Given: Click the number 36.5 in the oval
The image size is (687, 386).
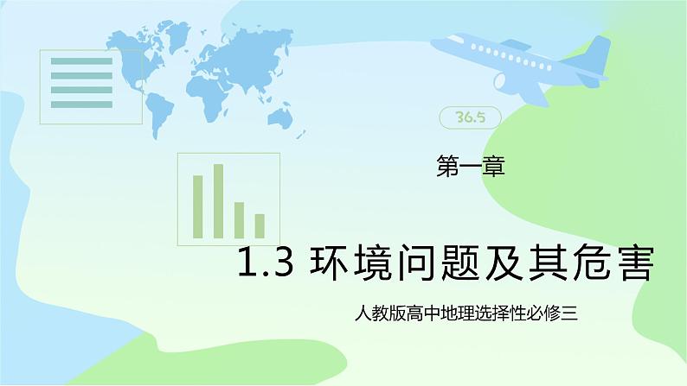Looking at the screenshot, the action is coord(470,117).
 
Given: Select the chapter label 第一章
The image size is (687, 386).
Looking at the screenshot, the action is coord(471,167).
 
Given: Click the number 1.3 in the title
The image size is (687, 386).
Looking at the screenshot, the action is coord(265,263).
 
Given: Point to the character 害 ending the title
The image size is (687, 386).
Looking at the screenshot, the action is coord(635,263).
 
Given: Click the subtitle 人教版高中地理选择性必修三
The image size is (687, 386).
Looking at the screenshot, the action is coord(465,313).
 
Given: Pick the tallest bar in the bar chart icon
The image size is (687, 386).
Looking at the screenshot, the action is coord(218,201).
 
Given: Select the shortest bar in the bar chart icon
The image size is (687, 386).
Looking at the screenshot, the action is coord(260,226).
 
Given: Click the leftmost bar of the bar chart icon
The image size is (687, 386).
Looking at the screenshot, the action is coord(197,206).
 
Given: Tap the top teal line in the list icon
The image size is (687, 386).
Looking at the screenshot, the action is coord(81,61).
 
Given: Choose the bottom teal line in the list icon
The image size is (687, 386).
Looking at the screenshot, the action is coord(81,104).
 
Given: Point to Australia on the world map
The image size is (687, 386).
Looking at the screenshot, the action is coord(280,117).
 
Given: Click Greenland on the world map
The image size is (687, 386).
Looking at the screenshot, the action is coord(177,35).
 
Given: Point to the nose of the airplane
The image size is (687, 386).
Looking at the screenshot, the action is coord(434,42).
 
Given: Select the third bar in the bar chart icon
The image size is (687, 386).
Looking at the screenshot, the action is coord(239,220).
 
